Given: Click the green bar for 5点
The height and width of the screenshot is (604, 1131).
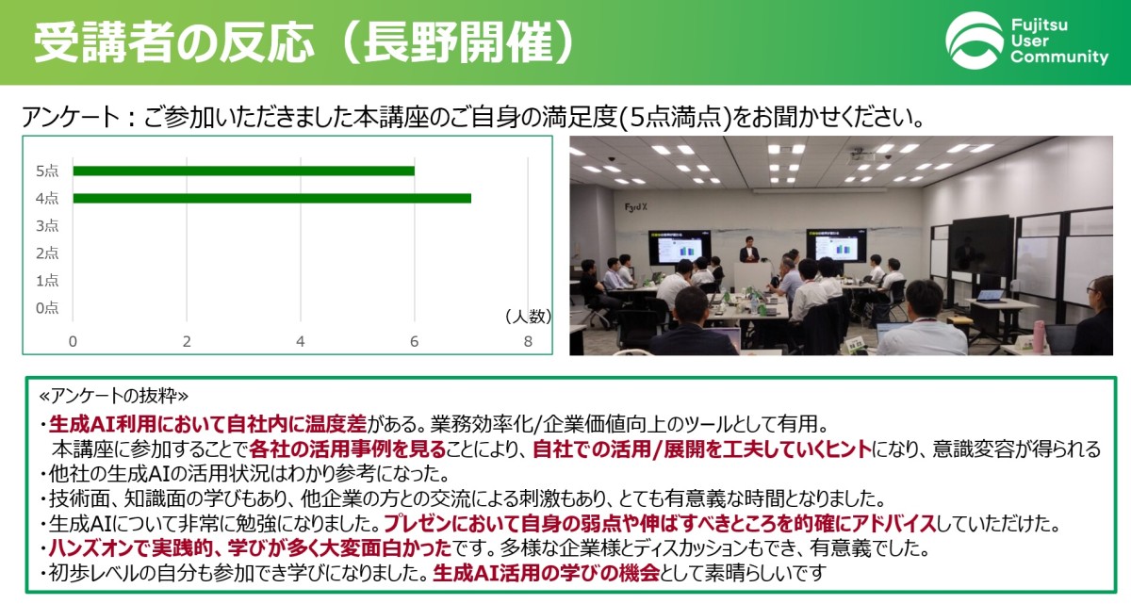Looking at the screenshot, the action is pyautogui.click(x=243, y=171).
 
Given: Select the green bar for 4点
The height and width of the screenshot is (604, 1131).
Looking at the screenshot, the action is pyautogui.click(x=271, y=198).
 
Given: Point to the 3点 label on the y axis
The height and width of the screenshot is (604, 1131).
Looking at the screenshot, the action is pyautogui.click(x=47, y=225).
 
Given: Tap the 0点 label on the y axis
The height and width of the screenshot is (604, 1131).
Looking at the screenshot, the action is pyautogui.click(x=47, y=307).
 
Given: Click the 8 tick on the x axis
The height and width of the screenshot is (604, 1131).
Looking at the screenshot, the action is pyautogui.click(x=528, y=342).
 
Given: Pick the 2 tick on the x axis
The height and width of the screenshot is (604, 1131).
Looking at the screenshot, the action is pyautogui.click(x=187, y=342).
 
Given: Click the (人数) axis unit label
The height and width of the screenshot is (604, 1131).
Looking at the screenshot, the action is pyautogui.click(x=528, y=317).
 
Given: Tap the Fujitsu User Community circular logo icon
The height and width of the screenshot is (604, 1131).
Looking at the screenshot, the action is pyautogui.click(x=974, y=41).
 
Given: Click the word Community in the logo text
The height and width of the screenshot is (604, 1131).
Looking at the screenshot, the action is pyautogui.click(x=1059, y=57).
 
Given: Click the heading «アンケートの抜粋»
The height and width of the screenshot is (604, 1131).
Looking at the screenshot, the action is pyautogui.click(x=114, y=396).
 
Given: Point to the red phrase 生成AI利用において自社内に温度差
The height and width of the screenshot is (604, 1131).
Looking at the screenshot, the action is pyautogui.click(x=207, y=424).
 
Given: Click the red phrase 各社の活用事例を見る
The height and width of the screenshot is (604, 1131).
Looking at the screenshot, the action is pyautogui.click(x=348, y=449).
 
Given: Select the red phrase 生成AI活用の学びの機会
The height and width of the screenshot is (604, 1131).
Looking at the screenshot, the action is pyautogui.click(x=547, y=574).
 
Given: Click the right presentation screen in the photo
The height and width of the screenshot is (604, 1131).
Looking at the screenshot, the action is pyautogui.click(x=836, y=246).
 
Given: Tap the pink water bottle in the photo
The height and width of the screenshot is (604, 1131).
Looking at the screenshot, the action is pyautogui.click(x=1038, y=336).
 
